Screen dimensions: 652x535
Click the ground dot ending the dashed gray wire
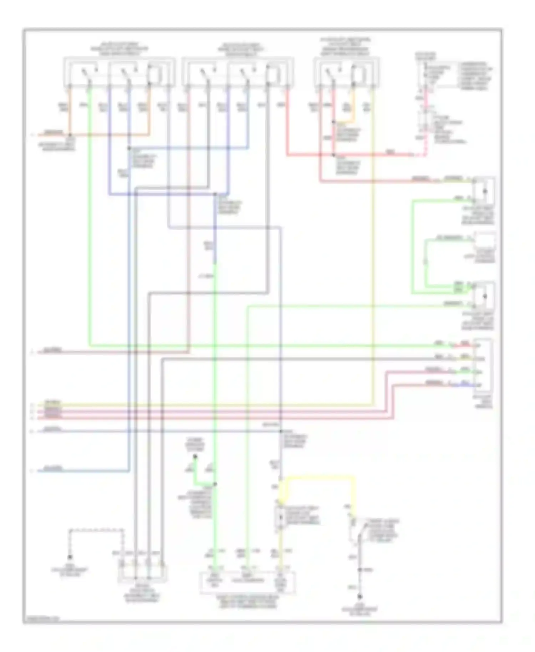(70, 557)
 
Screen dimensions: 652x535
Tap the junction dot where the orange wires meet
(70, 135)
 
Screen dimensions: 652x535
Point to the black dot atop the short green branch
(195, 457)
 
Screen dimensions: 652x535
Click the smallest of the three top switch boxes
(346, 73)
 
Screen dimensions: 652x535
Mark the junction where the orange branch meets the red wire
(334, 122)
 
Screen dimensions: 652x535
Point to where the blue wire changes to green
(215, 263)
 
